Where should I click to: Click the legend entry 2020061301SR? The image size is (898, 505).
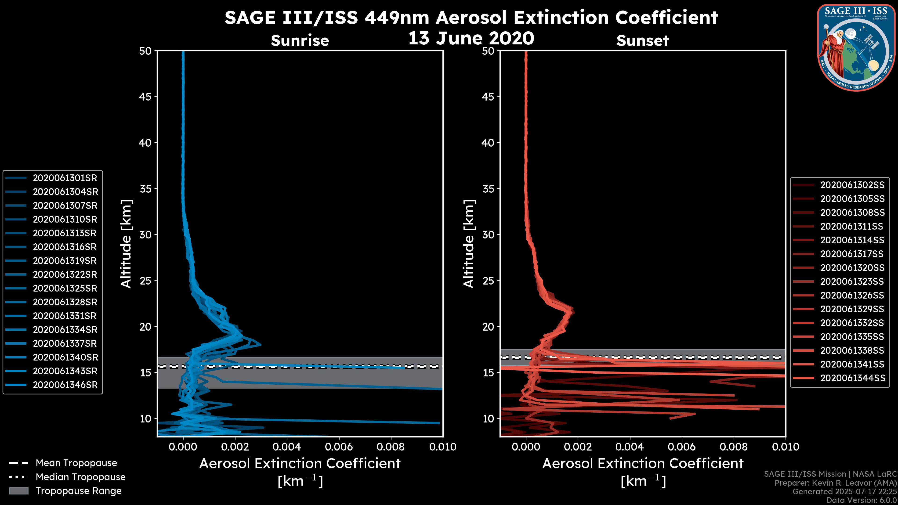tap(65, 178)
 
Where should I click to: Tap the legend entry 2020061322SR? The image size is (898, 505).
tap(65, 275)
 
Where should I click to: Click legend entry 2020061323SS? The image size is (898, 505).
tap(852, 281)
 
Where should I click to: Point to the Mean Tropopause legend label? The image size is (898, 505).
tap(76, 463)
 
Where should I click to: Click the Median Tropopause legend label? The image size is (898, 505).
tap(80, 477)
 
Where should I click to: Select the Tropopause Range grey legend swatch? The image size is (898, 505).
tap(18, 491)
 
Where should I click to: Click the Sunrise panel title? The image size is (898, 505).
tap(300, 40)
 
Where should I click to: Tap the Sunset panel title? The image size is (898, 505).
tap(642, 40)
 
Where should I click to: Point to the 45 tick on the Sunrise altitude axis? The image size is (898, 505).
tap(145, 97)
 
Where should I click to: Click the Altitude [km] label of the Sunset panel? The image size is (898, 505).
tap(469, 244)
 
